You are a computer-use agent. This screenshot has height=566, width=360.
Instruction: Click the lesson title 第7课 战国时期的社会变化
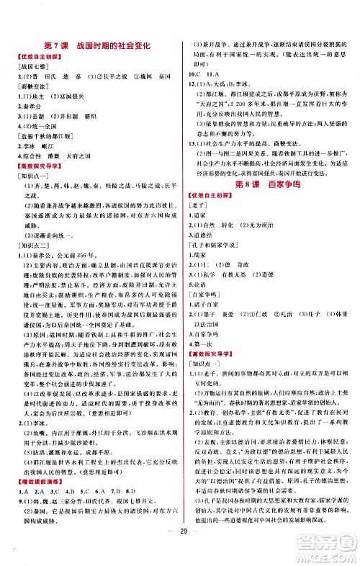coord(96,45)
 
